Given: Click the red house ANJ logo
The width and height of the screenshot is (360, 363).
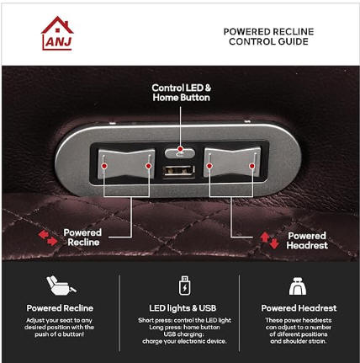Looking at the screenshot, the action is coord(57,33).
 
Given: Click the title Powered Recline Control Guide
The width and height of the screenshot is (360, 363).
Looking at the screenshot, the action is coord(268,36).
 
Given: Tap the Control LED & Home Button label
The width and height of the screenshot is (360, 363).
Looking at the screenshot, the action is coord(182,93).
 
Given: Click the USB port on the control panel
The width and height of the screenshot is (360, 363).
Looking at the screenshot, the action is coord(178,171).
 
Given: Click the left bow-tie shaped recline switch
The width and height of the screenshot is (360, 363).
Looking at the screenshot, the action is coord(126,163).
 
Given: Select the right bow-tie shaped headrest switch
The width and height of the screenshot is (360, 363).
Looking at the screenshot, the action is coord(232,163).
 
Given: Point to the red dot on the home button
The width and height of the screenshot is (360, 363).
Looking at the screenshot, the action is coord(180,149).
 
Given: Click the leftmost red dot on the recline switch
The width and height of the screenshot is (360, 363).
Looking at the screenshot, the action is coord(104,166).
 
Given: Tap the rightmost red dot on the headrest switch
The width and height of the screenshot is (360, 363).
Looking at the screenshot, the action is coord(252,166).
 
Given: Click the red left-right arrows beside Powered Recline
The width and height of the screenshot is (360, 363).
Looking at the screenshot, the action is coord(48,238).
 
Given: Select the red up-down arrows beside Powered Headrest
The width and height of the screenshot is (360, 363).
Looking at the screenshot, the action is coord(269,240).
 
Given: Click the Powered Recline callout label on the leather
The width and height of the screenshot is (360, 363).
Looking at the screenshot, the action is coord(82,238).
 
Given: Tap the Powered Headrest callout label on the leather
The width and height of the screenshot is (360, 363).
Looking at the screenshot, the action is coord(307,241).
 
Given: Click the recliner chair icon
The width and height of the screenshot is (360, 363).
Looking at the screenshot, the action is coord(61,286).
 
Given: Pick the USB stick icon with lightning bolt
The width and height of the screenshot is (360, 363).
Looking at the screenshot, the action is coord(184,286).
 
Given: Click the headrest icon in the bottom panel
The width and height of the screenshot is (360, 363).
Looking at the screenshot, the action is coord(298,286).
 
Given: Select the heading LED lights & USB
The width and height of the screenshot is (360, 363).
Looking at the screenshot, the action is coord(183,308).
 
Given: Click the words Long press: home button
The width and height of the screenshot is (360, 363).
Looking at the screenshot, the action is coord(184,328).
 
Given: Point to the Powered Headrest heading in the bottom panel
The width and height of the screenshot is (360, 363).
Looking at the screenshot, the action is coord(299,308).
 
